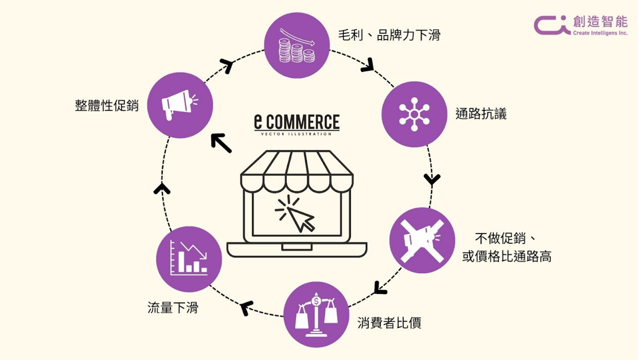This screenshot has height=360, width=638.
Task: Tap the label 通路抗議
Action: pyautogui.click(x=481, y=114)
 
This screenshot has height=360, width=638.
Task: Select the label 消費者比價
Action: pyautogui.click(x=389, y=323)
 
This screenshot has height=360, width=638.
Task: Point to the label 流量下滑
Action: pyautogui.click(x=173, y=307)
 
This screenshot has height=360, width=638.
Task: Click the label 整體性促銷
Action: pyautogui.click(x=107, y=105)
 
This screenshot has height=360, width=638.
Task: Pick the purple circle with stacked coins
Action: pyautogui.click(x=297, y=45)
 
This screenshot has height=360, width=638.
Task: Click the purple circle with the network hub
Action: pyautogui.click(x=414, y=114)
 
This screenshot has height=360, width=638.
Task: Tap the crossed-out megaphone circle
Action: pyautogui.click(x=422, y=240)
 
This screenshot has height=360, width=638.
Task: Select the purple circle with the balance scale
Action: pyautogui.click(x=316, y=315)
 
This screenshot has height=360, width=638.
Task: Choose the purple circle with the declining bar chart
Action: pyautogui.click(x=189, y=259)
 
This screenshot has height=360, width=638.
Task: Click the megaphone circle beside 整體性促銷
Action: pyautogui.click(x=180, y=105)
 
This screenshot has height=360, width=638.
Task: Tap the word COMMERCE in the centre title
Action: pyautogui.click(x=303, y=123)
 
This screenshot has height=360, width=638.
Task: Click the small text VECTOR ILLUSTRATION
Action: pyautogui.click(x=296, y=134)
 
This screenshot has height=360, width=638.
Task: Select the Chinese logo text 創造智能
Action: pyautogui.click(x=600, y=21)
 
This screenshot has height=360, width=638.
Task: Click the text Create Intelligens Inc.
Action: pyautogui.click(x=600, y=33)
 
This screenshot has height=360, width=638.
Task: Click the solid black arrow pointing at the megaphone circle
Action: pyautogui.click(x=222, y=143)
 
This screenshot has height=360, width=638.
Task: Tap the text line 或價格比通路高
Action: pyautogui.click(x=507, y=256)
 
